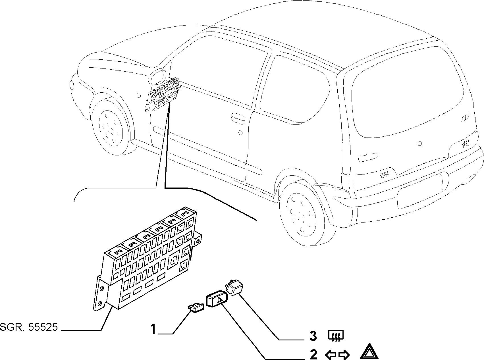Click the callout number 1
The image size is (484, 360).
click(x=153, y=330)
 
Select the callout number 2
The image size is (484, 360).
click(x=313, y=354)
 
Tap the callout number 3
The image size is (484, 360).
click(x=313, y=336)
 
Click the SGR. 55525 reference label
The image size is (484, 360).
click(x=29, y=327)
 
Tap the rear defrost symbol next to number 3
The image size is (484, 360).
click(x=336, y=336)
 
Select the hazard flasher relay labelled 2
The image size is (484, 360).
click(x=217, y=299)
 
